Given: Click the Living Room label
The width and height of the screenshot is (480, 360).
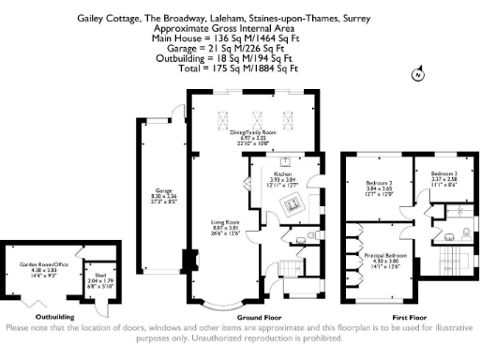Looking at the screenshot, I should click(x=225, y=226).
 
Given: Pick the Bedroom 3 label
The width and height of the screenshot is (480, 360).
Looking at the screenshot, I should click(x=444, y=176).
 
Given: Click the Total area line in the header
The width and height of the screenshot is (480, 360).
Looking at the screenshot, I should click(x=241, y=68).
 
